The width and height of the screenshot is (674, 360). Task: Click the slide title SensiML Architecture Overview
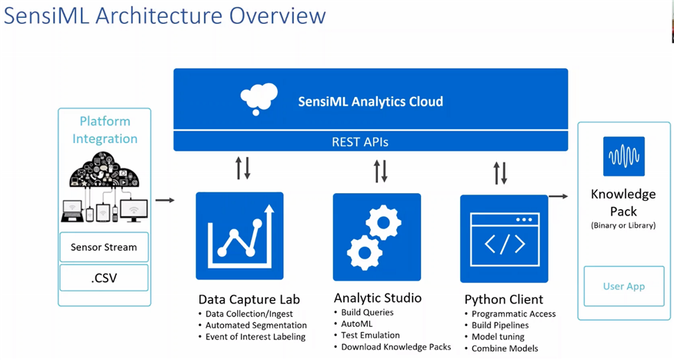click(165, 16)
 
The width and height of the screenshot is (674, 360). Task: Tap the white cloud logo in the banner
click(259, 99)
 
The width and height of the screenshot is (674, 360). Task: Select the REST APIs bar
click(370, 141)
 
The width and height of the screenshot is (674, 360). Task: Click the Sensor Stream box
click(104, 247)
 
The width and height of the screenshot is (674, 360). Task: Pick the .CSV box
click(104, 277)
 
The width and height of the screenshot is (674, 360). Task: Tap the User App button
click(624, 286)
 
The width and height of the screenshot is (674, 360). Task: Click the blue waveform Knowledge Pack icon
click(624, 157)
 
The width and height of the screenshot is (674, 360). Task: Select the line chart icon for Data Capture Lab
click(239, 236)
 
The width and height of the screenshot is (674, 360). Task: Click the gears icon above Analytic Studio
click(376, 236)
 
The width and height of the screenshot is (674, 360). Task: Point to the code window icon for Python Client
click(504, 238)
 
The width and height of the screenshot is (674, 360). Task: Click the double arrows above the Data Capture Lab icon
click(243, 168)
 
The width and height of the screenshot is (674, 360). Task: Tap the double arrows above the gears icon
click(381, 171)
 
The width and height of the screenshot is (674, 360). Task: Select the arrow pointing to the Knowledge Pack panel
click(559, 196)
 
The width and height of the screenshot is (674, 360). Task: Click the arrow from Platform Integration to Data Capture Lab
click(165, 201)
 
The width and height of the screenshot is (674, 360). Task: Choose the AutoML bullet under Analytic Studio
click(356, 324)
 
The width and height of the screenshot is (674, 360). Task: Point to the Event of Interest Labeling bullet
click(255, 336)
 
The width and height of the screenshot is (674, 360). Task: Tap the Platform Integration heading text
click(105, 130)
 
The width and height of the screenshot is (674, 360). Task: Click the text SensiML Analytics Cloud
click(370, 101)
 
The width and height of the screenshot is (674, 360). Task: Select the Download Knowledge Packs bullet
click(396, 347)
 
